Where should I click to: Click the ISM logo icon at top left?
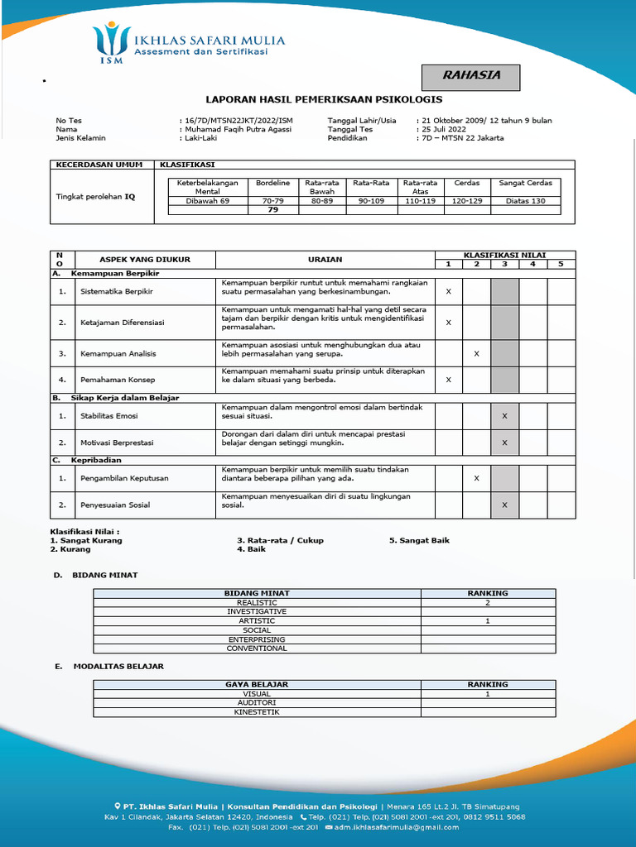(111, 42)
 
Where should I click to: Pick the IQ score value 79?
(272, 210)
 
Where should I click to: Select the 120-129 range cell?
(467, 201)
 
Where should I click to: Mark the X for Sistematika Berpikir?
(449, 292)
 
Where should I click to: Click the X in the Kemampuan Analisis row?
(476, 354)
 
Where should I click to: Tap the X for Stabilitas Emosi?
(504, 416)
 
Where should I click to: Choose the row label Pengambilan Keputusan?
(124, 478)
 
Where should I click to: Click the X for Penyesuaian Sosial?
(504, 505)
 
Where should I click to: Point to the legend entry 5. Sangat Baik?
(419, 540)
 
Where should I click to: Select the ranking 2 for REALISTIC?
(488, 603)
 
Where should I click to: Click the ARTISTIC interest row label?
(257, 621)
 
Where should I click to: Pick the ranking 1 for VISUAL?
(488, 694)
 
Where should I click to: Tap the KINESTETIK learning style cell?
(257, 712)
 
